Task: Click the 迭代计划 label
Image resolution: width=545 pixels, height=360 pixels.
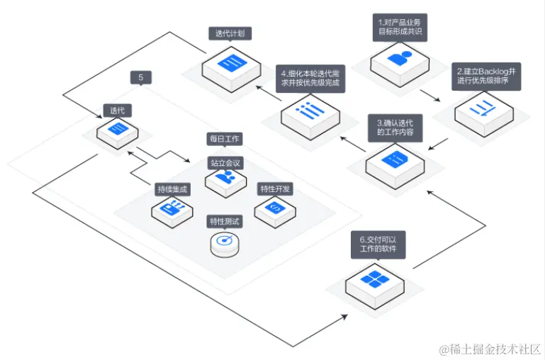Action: click(x=231, y=33)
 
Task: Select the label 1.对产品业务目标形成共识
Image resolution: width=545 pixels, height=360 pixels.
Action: click(x=400, y=26)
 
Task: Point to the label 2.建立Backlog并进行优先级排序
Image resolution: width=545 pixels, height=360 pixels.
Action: click(x=488, y=76)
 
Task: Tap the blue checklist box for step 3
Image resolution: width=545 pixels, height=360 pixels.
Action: click(x=395, y=159)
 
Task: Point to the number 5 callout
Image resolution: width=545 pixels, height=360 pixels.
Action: click(x=141, y=77)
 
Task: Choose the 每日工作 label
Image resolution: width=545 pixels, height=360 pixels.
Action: click(x=224, y=139)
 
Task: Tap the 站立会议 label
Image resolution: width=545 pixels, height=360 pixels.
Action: click(x=225, y=163)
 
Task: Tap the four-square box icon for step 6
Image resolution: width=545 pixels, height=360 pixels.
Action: click(x=374, y=280)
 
